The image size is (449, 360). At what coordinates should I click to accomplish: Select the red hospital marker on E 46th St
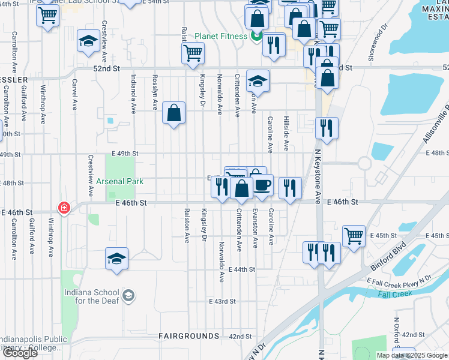tap(63, 208)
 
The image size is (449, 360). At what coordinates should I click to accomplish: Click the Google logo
tap(20, 353)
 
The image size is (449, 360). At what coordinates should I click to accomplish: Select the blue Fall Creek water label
tap(395, 293)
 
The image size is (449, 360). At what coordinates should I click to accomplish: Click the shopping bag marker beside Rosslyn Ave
tap(173, 112)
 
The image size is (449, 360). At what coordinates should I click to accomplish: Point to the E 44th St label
tap(243, 271)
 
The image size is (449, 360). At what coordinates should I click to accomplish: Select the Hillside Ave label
tap(286, 133)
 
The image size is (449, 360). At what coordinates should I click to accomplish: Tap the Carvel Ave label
tap(74, 95)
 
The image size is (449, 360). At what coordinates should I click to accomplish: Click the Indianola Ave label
tap(133, 94)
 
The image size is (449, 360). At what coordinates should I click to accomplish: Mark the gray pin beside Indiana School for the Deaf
tap(128, 296)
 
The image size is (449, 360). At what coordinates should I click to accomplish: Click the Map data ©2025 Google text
tap(411, 355)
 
